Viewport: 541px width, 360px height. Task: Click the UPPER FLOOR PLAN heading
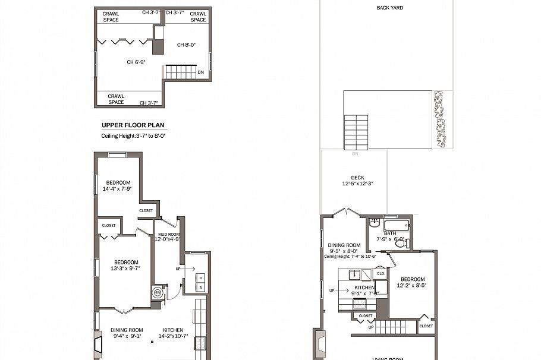pos(133,125)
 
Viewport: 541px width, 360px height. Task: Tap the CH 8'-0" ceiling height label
pos(186,45)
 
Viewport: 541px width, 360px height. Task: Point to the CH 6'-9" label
pos(136,62)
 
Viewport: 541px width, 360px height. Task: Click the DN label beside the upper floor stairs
pos(201,72)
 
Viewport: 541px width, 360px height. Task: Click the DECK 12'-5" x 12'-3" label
pos(357,181)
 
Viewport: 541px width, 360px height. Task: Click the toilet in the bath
pos(401,243)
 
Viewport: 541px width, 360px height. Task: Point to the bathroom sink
pos(374,223)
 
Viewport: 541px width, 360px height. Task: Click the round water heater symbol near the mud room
pos(158,292)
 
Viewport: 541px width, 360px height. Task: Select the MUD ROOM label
pos(167,236)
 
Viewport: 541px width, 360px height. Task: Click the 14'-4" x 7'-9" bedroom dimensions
pos(117,189)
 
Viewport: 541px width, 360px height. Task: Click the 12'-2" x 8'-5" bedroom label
pos(412,283)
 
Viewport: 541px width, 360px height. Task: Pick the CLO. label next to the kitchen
pos(380,274)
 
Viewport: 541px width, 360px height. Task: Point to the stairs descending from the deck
pos(356,132)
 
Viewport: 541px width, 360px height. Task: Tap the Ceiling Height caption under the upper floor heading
pos(133,136)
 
